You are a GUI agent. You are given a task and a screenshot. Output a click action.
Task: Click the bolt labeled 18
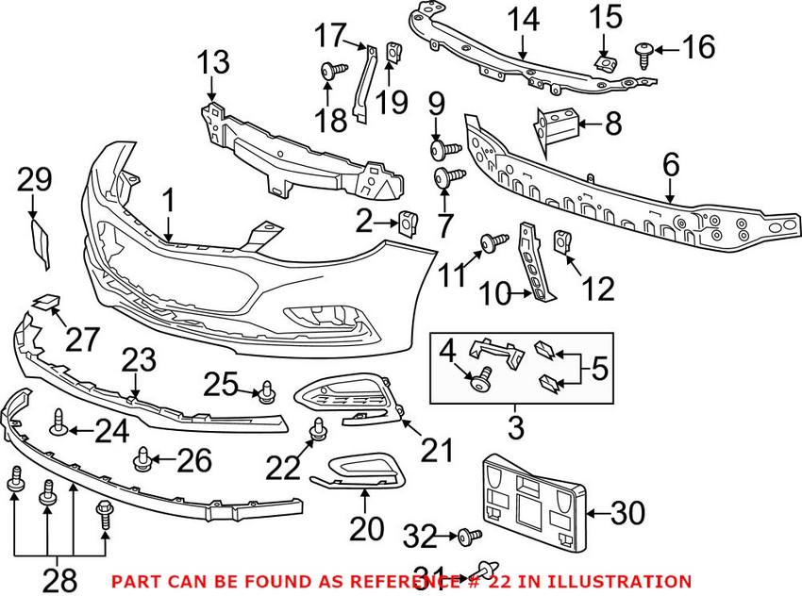click(329, 69)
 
